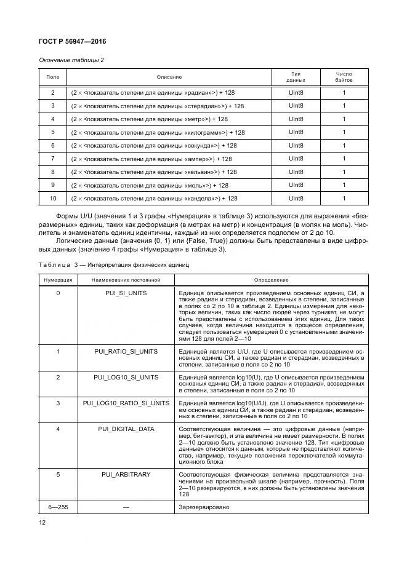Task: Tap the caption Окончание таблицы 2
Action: click(x=71, y=60)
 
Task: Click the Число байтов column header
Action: click(x=344, y=77)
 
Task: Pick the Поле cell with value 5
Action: click(x=53, y=132)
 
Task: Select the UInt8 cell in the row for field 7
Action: click(x=296, y=159)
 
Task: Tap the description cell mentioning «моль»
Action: click(x=150, y=185)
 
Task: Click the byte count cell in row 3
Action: click(x=344, y=106)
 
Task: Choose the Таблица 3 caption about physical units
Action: click(x=114, y=264)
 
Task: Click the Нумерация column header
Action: click(x=58, y=279)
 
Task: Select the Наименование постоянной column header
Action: click(x=126, y=279)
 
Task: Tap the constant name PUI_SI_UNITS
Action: click(x=126, y=293)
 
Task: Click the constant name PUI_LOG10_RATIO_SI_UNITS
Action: click(x=126, y=403)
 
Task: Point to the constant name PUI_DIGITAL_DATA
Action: click(x=126, y=429)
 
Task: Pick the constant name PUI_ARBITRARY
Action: click(x=126, y=475)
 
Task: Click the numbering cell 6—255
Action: click(x=58, y=507)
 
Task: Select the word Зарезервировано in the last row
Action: click(x=203, y=507)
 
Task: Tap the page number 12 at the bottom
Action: click(x=42, y=523)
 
